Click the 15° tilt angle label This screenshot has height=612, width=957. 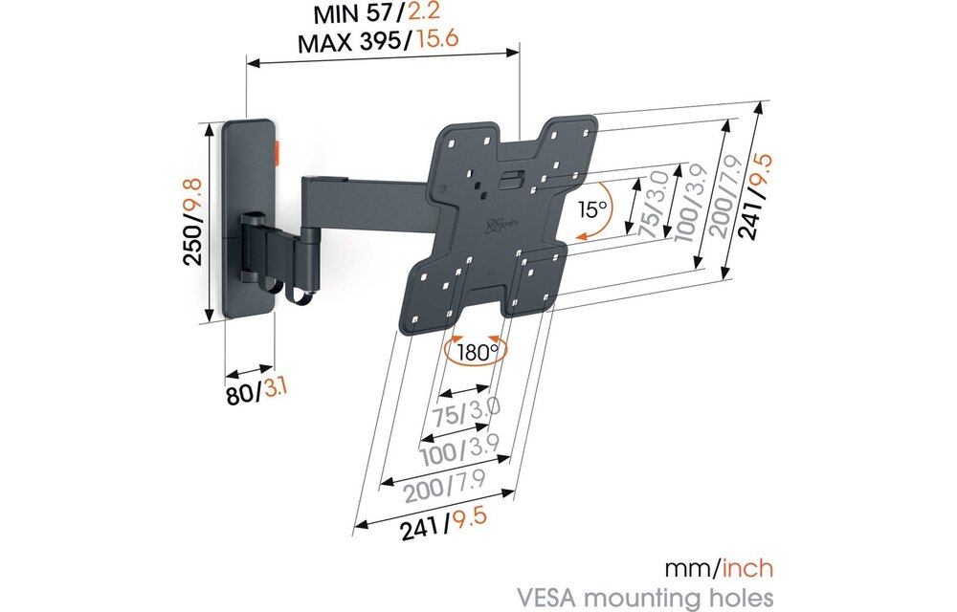pos(592,208)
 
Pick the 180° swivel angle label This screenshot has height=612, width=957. pos(477,351)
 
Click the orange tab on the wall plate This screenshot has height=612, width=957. pos(278,149)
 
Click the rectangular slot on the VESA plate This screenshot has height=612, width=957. pos(514,176)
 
